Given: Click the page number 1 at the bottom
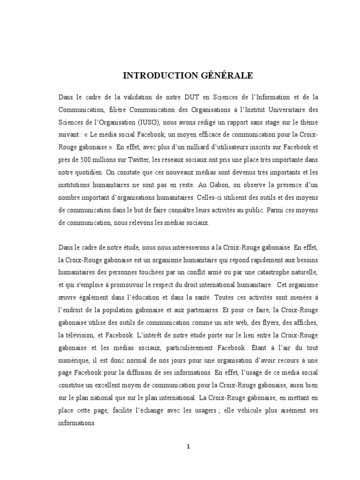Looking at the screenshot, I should [188, 447].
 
